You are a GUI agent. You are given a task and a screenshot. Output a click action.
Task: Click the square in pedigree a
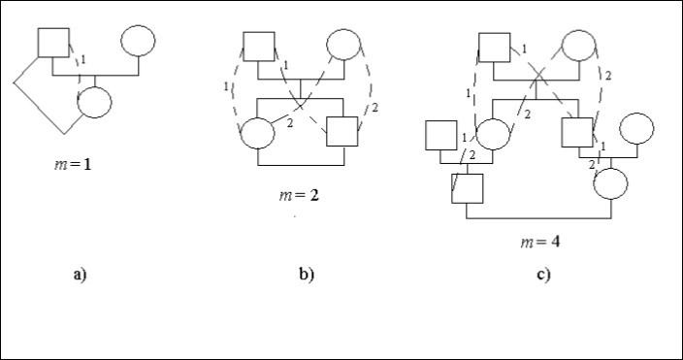tap(50, 42)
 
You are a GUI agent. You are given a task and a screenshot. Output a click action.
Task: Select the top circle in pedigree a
tap(137, 42)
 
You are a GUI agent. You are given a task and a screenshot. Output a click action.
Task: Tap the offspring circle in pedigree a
tap(94, 101)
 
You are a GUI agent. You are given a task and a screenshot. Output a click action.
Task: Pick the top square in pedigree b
tap(258, 47)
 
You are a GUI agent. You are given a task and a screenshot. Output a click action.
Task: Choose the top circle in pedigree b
tap(343, 46)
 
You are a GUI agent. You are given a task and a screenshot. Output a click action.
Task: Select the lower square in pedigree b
tap(342, 130)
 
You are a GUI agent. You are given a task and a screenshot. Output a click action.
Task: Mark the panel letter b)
tap(307, 275)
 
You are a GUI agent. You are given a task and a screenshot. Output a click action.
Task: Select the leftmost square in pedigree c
tap(440, 133)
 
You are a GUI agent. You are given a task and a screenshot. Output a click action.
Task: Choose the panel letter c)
tap(543, 275)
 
